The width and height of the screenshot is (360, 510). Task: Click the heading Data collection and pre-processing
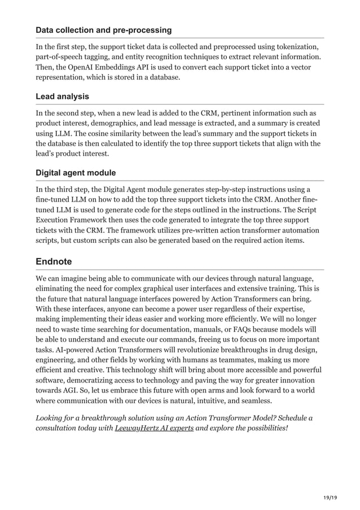[104, 29]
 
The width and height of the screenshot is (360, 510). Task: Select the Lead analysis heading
[62, 97]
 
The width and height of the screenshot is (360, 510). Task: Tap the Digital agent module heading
[76, 173]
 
